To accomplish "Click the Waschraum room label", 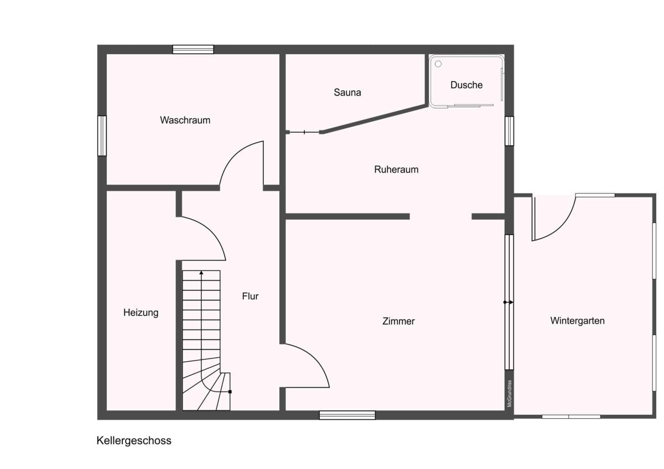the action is (x=185, y=120).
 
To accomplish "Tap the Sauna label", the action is (x=347, y=92).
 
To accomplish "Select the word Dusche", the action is (x=466, y=85).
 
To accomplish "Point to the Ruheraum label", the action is (x=396, y=169).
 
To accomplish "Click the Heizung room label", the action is (x=141, y=313).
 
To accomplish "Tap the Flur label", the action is (x=250, y=296).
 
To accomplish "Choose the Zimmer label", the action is (x=398, y=321).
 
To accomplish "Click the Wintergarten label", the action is (x=578, y=321).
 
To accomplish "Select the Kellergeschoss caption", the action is (x=134, y=441).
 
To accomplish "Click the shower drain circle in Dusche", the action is (x=438, y=64).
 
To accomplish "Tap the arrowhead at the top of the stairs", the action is (x=201, y=273).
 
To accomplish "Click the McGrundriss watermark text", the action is (x=509, y=393).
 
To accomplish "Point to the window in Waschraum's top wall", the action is (x=193, y=49).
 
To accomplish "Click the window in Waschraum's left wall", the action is (x=102, y=136).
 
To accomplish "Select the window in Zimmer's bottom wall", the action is (x=347, y=415).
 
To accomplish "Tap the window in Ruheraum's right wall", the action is (x=509, y=131).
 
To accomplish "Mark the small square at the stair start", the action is (x=230, y=392).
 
